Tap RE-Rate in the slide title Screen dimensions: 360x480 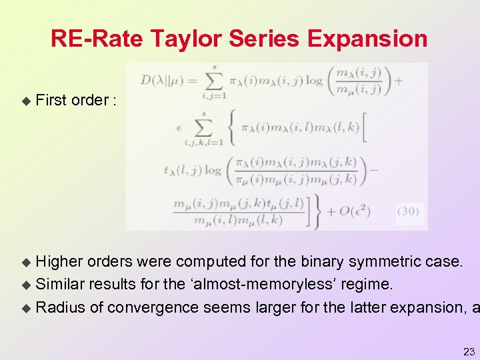pyautogui.click(x=96, y=39)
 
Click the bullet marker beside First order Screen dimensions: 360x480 pyautogui.click(x=26, y=101)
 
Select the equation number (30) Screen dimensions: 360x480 pyautogui.click(x=409, y=211)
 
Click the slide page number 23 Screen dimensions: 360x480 pyautogui.click(x=467, y=352)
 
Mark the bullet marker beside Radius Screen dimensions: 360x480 pyautogui.click(x=26, y=307)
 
